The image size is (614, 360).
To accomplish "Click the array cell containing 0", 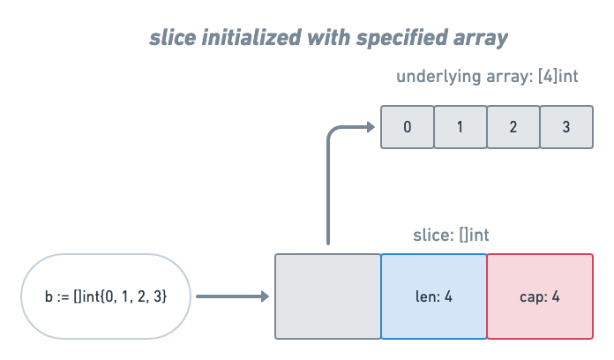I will coord(407,127).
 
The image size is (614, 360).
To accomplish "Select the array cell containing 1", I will coord(460,127).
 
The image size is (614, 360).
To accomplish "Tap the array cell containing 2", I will coord(513,127).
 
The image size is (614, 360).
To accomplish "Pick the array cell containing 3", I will coord(565,127).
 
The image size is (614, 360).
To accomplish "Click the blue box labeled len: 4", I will coord(433,296).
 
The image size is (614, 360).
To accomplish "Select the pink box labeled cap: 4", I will coord(540,296).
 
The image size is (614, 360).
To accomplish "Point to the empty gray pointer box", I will coord(327,296).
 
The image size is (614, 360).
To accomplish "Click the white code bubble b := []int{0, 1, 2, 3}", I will coord(106,296).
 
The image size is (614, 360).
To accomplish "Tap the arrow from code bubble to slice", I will coord(232,296).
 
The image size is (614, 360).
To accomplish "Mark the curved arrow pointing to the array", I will coord(329,176).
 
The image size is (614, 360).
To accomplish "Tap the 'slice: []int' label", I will coord(451,236).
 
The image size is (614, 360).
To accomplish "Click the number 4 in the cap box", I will coord(556,296).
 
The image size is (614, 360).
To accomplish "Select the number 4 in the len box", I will coord(448,296).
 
